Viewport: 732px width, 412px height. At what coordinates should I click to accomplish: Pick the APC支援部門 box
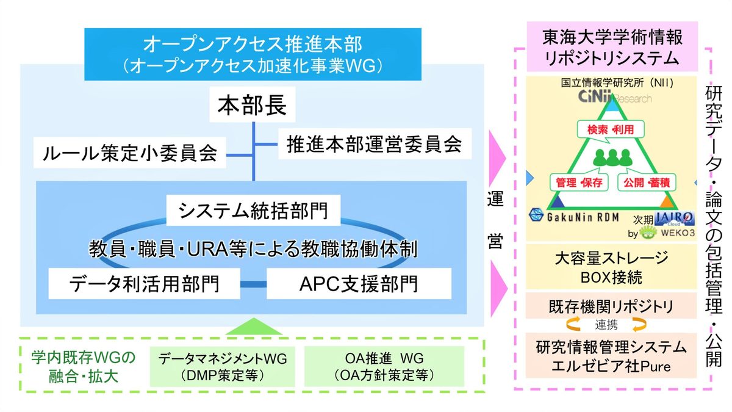tap(359, 284)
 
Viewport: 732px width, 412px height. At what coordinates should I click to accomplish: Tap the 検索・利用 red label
tap(611, 129)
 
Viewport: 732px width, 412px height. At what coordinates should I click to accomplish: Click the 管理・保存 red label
tap(579, 182)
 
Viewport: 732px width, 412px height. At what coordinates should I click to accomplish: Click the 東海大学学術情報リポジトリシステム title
tap(612, 48)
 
